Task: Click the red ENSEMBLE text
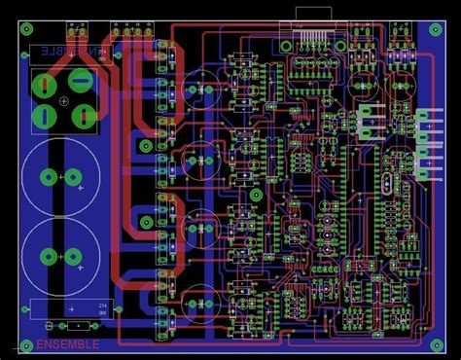click(68, 343)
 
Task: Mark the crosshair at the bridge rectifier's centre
click(63, 99)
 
